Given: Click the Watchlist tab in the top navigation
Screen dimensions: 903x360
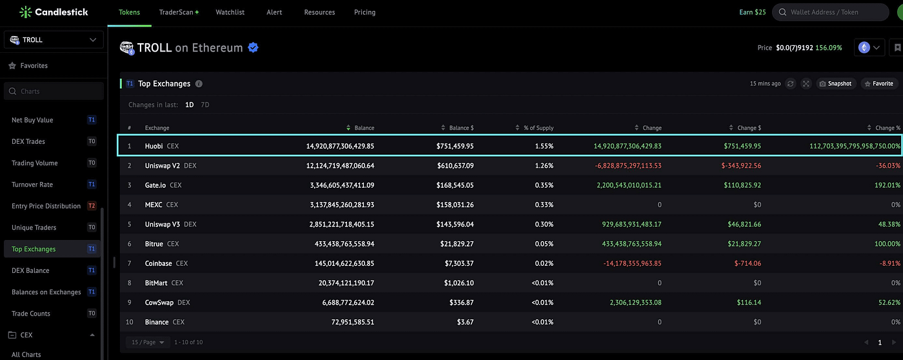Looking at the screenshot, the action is click(x=230, y=12).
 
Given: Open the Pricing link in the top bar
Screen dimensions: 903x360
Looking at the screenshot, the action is click(x=364, y=12).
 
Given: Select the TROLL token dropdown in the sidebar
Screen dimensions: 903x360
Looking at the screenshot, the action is click(x=54, y=39).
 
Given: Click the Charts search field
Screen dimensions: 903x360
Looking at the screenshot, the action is click(x=54, y=91).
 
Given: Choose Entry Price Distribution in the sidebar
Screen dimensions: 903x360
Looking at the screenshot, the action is click(x=46, y=206).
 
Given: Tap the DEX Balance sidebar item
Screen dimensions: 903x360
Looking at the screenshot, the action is click(x=30, y=270).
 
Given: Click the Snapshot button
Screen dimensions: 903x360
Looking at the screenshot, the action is click(x=836, y=83).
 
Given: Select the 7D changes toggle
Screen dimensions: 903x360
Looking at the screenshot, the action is click(x=205, y=105).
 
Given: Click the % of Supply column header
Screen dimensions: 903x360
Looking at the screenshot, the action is click(x=539, y=128).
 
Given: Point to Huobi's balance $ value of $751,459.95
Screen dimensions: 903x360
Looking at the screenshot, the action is click(x=455, y=146).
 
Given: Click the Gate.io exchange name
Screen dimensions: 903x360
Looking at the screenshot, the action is click(x=155, y=185).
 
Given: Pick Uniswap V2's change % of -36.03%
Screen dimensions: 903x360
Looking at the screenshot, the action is click(x=888, y=166).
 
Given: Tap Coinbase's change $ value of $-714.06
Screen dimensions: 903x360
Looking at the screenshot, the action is click(x=748, y=263).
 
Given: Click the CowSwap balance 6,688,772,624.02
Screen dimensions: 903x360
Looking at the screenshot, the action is click(x=348, y=303).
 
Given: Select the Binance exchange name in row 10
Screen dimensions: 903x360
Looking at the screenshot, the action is click(x=157, y=322).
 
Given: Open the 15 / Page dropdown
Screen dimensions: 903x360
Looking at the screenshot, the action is click(x=148, y=343).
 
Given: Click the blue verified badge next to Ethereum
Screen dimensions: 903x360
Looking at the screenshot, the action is click(x=253, y=48).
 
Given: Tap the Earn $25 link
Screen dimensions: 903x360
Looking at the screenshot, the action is click(x=752, y=12).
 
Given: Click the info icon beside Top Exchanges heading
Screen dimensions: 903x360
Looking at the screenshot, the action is click(x=199, y=84).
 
